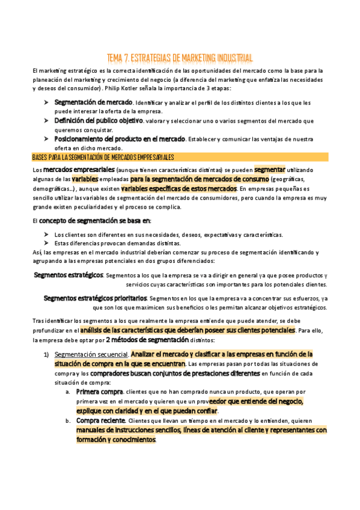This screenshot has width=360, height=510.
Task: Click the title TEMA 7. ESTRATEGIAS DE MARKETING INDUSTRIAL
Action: [x=179, y=58]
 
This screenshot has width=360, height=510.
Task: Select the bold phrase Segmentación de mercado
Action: [x=93, y=103]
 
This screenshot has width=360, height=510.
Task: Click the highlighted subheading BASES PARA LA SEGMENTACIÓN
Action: [x=103, y=158]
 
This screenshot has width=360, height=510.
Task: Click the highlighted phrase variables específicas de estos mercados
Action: [x=178, y=188]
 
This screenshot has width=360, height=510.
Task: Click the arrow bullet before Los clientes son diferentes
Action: [x=47, y=235]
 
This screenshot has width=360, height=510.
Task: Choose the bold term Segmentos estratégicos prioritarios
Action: [x=95, y=298]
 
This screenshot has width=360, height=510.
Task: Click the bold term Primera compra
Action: [x=99, y=375]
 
